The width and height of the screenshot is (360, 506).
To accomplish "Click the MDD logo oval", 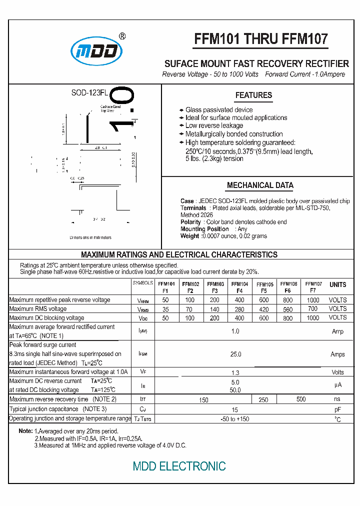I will tap(96, 51).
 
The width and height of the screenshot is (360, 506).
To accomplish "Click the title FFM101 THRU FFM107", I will tap(260, 39).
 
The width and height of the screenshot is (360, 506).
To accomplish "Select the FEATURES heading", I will tap(253, 95).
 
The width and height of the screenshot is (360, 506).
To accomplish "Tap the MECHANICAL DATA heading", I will tap(260, 185).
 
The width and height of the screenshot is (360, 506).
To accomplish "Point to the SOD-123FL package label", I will tap(89, 93).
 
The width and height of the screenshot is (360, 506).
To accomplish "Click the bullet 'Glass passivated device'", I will tap(219, 110).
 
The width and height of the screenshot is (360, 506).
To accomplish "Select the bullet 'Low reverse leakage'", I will tap(214, 126).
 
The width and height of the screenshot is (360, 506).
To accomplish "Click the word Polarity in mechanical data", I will tap(190, 222).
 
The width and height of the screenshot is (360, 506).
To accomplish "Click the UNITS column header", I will tap(337, 284).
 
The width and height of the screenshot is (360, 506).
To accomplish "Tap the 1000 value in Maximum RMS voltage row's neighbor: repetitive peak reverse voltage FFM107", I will tap(313, 300).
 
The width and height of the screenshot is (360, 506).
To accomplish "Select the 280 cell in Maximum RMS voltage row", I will tap(239, 309).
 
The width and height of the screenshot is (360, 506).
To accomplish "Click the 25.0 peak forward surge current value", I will tap(235, 354).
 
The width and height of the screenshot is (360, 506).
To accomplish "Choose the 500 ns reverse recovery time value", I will tap(301, 399).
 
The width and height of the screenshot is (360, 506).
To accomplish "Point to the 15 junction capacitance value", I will tap(235, 409).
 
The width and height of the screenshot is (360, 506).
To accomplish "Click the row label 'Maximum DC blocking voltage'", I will tap(46, 318).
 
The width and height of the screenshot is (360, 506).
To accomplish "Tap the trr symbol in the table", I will tap(142, 399).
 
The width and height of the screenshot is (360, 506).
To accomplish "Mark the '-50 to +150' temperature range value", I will tap(235, 419).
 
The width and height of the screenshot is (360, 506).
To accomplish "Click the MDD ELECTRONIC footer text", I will tap(179, 466).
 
